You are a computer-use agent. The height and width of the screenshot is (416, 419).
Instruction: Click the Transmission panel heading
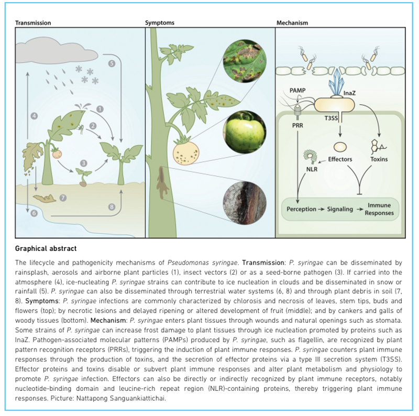pyautogui.click(x=33, y=23)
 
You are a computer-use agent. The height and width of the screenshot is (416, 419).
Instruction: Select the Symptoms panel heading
pyautogui.click(x=160, y=23)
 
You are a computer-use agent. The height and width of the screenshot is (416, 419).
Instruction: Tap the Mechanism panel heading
pyautogui.click(x=292, y=23)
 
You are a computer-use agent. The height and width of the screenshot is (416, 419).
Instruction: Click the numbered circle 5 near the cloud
pyautogui.click(x=111, y=63)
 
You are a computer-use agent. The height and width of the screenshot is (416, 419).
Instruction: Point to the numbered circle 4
pyautogui.click(x=35, y=115)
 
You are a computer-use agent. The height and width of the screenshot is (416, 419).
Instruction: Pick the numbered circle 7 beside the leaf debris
pyautogui.click(x=63, y=198)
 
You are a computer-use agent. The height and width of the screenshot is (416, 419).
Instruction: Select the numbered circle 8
pyautogui.click(x=111, y=207)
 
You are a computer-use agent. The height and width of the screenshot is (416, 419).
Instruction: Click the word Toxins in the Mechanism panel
pyautogui.click(x=379, y=159)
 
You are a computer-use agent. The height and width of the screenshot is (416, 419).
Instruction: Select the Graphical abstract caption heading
pyautogui.click(x=45, y=249)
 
